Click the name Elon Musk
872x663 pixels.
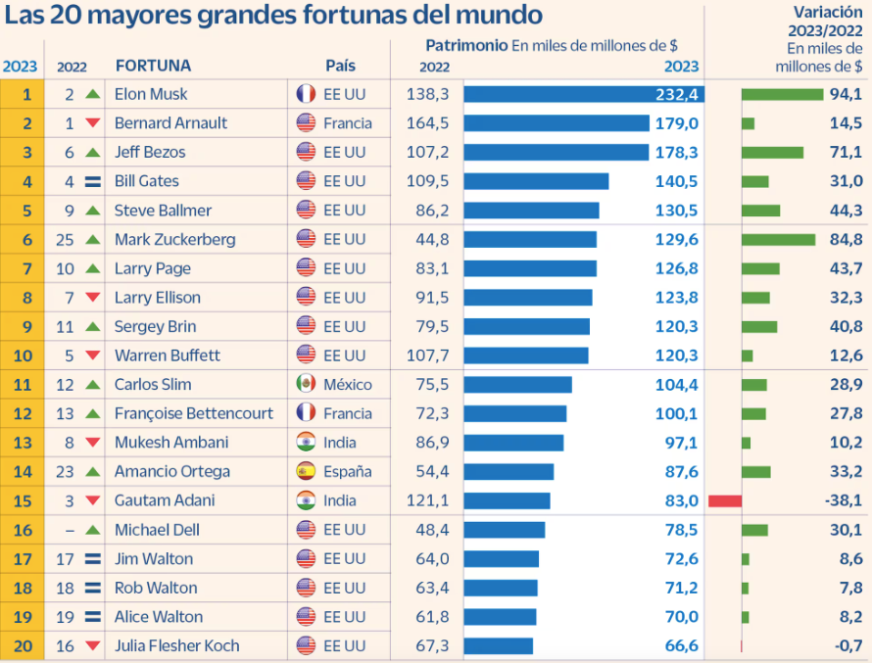151,94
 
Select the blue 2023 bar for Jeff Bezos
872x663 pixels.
556,152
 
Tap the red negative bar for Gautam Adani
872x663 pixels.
724,500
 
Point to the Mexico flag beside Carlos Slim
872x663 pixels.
306,384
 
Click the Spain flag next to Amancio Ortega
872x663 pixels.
306,471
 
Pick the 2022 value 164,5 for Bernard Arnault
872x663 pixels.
426,122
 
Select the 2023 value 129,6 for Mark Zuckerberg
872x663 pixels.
677,239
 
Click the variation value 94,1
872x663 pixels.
845,94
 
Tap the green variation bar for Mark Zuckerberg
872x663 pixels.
778,239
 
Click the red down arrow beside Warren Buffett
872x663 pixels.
93,355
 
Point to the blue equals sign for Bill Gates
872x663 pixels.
93,181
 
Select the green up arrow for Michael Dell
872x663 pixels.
93,530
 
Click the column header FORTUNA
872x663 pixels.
153,66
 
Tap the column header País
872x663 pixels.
340,66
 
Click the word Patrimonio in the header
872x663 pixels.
466,45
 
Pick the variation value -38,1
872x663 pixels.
843,500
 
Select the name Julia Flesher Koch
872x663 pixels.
176,645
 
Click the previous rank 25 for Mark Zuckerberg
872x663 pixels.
69,239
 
